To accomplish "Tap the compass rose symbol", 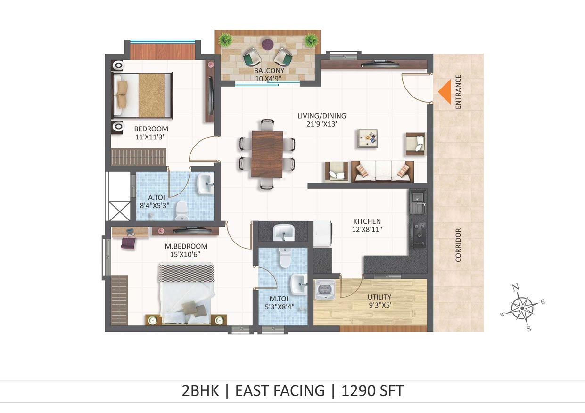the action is tap(522, 308).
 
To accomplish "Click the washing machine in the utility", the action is tap(325, 290).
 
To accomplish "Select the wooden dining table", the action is tap(267, 154).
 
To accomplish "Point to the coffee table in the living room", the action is tap(368, 138).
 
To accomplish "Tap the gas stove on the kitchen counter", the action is tap(419, 235).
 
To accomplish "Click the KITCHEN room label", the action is tap(367, 221).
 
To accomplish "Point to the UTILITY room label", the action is tap(379, 297).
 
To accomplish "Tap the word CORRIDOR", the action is tap(458, 245).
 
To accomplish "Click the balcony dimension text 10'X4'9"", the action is tap(269, 78).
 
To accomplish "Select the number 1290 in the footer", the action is tap(358, 390).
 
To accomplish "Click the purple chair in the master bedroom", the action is tap(128, 243).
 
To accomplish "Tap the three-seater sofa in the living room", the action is tap(383, 171).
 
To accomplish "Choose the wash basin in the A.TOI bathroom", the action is tap(206, 184).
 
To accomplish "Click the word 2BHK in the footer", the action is tap(200, 390).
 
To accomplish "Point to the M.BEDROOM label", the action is tap(186, 246).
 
